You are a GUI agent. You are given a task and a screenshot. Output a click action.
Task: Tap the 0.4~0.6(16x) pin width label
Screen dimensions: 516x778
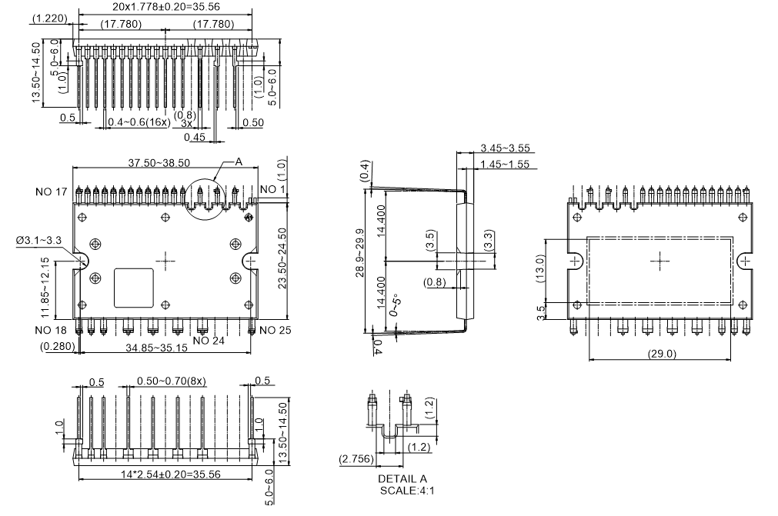tap(139, 122)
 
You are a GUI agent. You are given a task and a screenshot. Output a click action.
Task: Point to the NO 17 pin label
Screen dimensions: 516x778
tap(52, 191)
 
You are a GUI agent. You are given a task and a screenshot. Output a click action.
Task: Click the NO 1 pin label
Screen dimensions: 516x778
tap(273, 190)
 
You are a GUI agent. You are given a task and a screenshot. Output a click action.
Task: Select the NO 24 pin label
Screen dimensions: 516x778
tap(209, 340)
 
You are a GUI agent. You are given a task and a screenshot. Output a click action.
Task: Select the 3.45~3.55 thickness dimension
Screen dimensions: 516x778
tap(504, 148)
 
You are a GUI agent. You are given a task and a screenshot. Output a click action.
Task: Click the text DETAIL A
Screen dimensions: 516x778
tap(396, 478)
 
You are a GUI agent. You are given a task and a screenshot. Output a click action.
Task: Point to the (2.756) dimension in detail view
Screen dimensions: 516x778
tap(357, 460)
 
